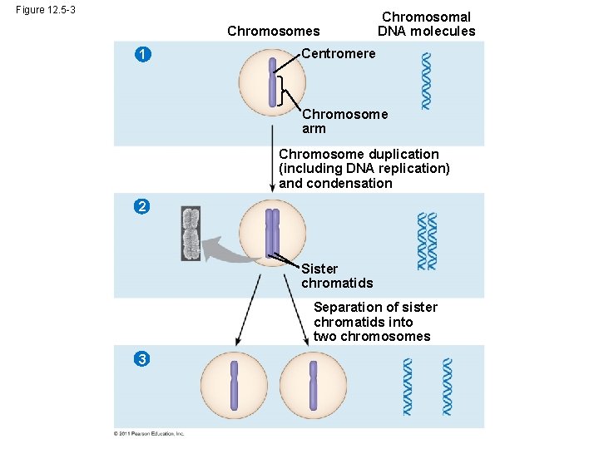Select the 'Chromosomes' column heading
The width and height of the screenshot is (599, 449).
tap(273, 32)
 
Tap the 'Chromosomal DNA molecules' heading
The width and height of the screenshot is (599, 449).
tap(426, 24)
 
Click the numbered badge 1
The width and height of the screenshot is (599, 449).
tap(144, 55)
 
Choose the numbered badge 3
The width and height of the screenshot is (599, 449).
tap(143, 358)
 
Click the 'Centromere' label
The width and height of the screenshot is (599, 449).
tap(338, 54)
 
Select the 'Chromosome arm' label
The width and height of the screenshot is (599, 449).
tap(344, 121)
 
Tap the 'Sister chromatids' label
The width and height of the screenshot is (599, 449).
tap(336, 275)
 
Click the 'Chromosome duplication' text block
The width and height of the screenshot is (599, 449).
tap(364, 169)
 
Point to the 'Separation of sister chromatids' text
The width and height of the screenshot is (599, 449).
tap(374, 322)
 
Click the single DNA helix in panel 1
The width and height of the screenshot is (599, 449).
tap(426, 81)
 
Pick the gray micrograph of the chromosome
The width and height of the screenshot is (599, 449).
tap(191, 234)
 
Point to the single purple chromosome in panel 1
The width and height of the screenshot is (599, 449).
tap(272, 82)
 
